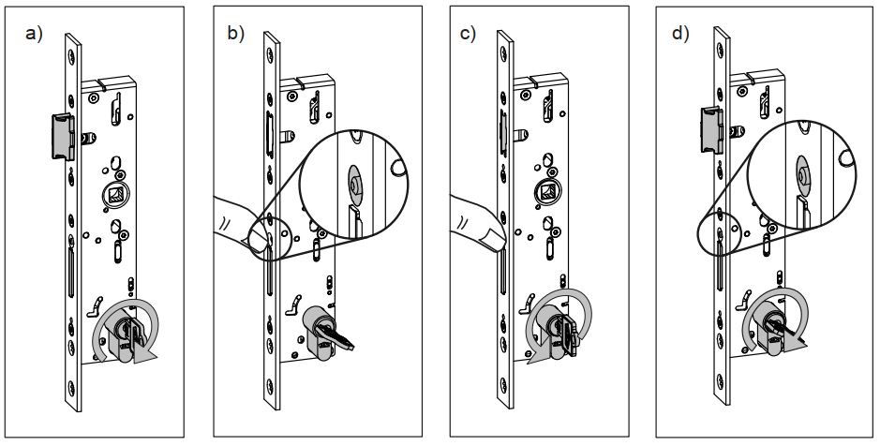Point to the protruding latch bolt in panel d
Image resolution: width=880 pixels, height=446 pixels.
pos(710,126)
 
